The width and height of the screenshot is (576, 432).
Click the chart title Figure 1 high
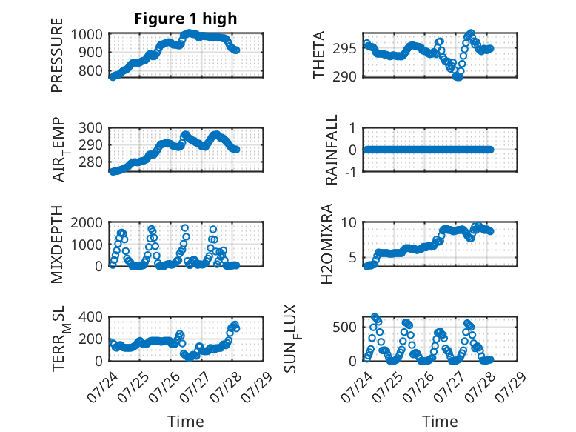pyautogui.click(x=186, y=19)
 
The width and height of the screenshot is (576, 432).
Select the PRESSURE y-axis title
pyautogui.click(x=57, y=55)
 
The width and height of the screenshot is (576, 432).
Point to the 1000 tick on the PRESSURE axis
pyautogui.click(x=87, y=35)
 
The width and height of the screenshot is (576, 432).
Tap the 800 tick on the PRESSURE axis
pyautogui.click(x=90, y=70)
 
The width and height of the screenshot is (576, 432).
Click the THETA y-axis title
pyautogui.click(x=319, y=55)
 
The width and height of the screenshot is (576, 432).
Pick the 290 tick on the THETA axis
pyautogui.click(x=344, y=77)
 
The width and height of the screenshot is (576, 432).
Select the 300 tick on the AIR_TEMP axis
pyautogui.click(x=90, y=128)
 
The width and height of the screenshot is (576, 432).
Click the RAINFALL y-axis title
pyautogui.click(x=331, y=150)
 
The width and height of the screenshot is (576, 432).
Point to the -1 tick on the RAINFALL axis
pyautogui.click(x=350, y=171)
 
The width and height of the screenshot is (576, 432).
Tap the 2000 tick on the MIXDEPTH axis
pyautogui.click(x=87, y=223)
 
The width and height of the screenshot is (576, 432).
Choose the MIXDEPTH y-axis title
pyautogui.click(x=57, y=245)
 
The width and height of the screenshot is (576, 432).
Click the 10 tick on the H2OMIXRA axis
pyautogui.click(x=349, y=223)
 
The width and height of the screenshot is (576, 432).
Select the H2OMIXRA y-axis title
pyautogui.click(x=326, y=244)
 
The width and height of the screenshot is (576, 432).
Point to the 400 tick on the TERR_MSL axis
pyautogui.click(x=90, y=317)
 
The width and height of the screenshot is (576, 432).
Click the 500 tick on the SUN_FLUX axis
pyautogui.click(x=344, y=327)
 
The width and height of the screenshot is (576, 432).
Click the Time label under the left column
pyautogui.click(x=186, y=422)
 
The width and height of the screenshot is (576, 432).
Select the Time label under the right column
pyautogui.click(x=440, y=422)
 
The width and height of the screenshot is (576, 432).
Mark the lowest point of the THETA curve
pyautogui.click(x=458, y=77)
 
